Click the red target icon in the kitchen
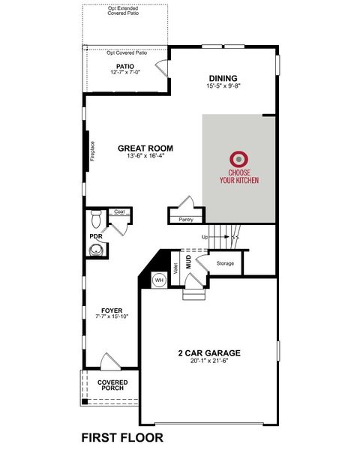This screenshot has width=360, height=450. [239, 158]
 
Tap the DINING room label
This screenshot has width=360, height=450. [223, 78]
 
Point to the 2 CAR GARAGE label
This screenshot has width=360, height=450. [209, 352]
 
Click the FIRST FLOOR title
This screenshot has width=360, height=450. [121, 437]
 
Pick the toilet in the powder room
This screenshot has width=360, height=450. [95, 220]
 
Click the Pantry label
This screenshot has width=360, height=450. [187, 220]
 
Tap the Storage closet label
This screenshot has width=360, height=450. [225, 263]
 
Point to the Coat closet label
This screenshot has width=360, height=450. [119, 212]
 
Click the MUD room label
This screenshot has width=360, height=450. [189, 262]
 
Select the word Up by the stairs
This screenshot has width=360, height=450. [204, 237]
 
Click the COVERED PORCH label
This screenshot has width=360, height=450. [112, 386]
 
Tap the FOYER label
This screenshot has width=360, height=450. [112, 309]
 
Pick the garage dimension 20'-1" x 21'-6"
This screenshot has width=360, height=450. [209, 361]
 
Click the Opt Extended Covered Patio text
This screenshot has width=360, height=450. [124, 10]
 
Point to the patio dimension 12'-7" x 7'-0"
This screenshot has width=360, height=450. [124, 73]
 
